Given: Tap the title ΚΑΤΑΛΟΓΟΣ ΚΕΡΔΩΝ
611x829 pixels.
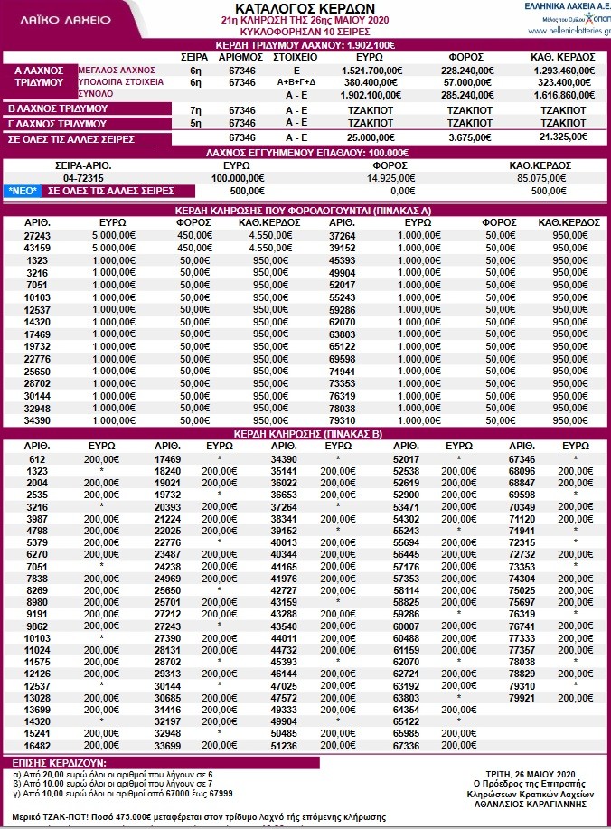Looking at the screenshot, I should click(305, 7).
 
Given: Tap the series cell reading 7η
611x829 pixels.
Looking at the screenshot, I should click(195, 108).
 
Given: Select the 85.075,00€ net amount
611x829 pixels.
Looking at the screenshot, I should click(547, 178).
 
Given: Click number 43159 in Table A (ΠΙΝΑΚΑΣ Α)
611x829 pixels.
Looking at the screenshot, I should click(37, 247).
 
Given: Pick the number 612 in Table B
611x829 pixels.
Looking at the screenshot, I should click(37, 459).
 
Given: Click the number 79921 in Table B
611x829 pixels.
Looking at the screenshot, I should click(527, 697).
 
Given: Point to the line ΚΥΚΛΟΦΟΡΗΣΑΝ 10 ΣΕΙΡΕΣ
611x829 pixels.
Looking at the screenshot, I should click(305, 31).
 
